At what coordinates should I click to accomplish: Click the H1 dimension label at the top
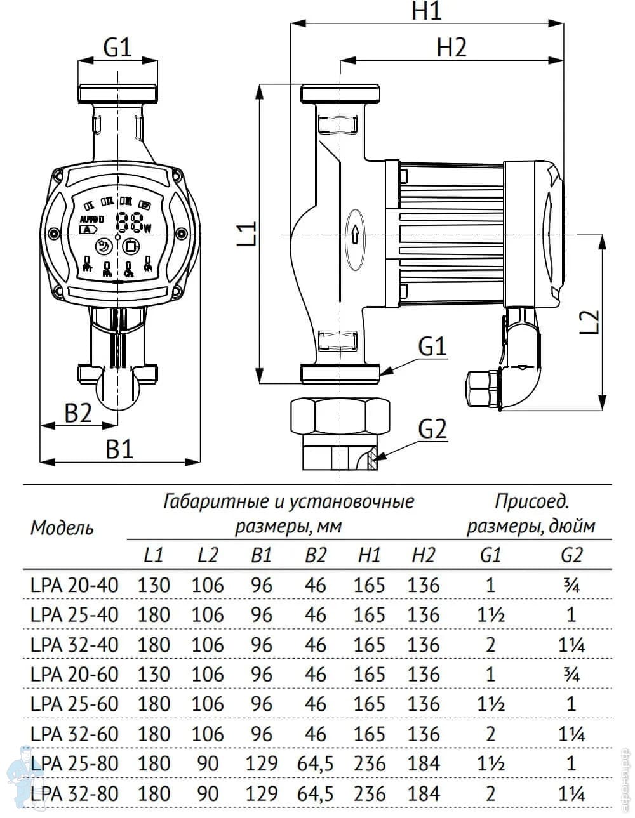click(x=426, y=11)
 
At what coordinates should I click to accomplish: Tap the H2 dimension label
click(x=451, y=48)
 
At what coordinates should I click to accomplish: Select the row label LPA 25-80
click(x=74, y=763)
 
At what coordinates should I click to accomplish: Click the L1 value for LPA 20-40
click(x=153, y=584)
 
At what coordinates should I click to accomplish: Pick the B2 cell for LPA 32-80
click(x=315, y=793)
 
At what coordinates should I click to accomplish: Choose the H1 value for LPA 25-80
click(x=370, y=763)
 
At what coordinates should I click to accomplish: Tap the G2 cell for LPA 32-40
click(x=571, y=644)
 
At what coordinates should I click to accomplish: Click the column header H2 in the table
click(x=424, y=555)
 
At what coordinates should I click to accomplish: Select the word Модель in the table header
click(x=62, y=528)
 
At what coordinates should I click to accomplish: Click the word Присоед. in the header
click(x=532, y=501)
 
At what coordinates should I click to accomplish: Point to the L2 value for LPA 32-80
click(x=208, y=793)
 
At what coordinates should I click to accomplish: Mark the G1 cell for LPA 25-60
click(x=490, y=704)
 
